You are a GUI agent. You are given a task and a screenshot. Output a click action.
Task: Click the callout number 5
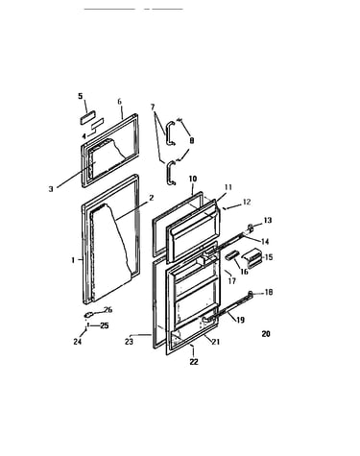tap(81, 96)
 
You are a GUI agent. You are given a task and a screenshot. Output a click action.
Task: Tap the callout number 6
tap(120, 102)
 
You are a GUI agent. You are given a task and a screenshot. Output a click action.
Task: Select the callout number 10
tap(193, 179)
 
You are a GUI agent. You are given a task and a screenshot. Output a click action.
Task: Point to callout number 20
tap(266, 334)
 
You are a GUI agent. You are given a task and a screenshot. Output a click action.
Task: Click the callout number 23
tap(129, 342)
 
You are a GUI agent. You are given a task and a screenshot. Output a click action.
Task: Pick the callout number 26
tap(108, 310)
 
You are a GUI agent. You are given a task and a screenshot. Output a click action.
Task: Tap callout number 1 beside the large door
tap(73, 260)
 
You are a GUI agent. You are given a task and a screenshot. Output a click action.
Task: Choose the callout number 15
tap(269, 257)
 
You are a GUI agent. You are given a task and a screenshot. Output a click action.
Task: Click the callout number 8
tap(192, 140)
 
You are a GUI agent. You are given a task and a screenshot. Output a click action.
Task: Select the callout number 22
tap(194, 362)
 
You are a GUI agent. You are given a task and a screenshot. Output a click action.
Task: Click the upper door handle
tap(170, 132)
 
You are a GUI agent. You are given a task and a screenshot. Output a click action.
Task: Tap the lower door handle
tap(171, 173)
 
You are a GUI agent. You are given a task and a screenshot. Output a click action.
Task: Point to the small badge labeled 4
tap(97, 124)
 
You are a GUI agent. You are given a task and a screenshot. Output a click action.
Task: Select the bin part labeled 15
tap(252, 258)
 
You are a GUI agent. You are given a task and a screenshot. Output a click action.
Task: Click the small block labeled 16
tap(232, 255)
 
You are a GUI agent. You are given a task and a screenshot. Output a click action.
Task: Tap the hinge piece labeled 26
tap(88, 315)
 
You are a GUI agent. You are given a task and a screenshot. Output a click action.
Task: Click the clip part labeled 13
tap(251, 228)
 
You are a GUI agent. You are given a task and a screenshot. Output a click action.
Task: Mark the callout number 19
tap(241, 320)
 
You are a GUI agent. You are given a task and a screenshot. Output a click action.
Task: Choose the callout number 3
tap(51, 189)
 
